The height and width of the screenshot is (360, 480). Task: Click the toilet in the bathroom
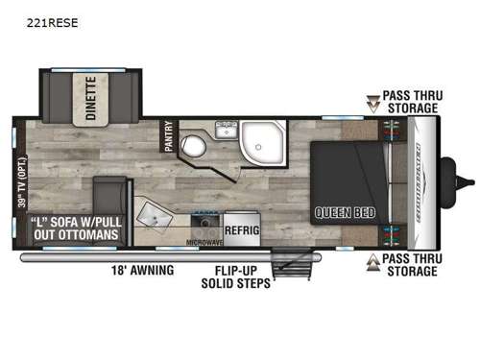192,146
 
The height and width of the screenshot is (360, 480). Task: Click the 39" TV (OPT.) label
22,196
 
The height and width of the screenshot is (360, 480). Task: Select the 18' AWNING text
143,271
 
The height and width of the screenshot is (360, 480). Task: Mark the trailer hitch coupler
468,180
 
